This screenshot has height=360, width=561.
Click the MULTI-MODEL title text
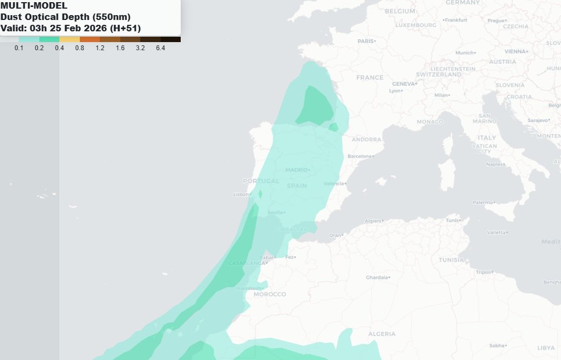pyautogui.click(x=34, y=6)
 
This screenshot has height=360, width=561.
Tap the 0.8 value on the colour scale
pyautogui.click(x=79, y=48)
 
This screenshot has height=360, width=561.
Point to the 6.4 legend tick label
pyautogui.click(x=160, y=48)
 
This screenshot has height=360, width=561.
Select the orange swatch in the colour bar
pyautogui.click(x=90, y=39)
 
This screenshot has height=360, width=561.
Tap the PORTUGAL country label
pyautogui.click(x=261, y=181)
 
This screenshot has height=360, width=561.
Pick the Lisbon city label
pyautogui.click(x=241, y=194)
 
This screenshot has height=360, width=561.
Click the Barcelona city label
pyautogui.click(x=360, y=156)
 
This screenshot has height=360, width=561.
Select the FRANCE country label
pyautogui.click(x=370, y=78)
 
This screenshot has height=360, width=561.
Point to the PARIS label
pyautogui.click(x=366, y=41)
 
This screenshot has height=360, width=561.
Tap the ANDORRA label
pyautogui.click(x=366, y=139)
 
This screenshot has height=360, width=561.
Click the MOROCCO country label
pyautogui.click(x=270, y=294)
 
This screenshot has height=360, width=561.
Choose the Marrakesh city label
pyautogui.click(x=249, y=288)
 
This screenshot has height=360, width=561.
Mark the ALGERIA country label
pyautogui.click(x=382, y=334)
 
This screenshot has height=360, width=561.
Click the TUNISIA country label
pyautogui.click(x=451, y=260)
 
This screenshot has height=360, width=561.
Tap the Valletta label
pyautogui.click(x=497, y=232)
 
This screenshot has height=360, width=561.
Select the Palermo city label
pyautogui.click(x=483, y=202)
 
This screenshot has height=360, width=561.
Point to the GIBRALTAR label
pyautogui.click(x=291, y=229)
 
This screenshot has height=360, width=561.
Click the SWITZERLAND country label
pyautogui.click(x=438, y=74)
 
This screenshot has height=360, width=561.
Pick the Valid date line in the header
pyautogui.click(x=71, y=28)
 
